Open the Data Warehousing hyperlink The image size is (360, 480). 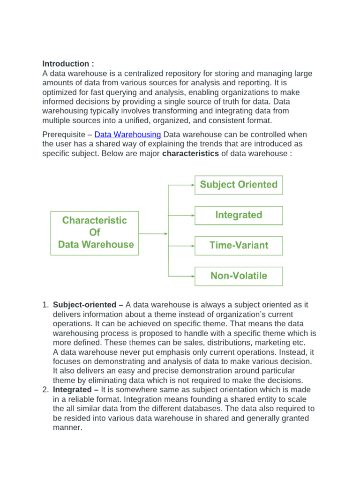pos(127,135)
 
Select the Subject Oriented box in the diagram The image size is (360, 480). pos(239,185)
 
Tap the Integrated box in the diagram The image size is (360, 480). pos(239,215)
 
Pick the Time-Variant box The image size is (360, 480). pos(239,246)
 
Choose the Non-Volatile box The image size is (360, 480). pos(239,276)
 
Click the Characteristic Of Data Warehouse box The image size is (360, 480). pos(95,232)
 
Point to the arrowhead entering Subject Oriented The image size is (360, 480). pos(193,185)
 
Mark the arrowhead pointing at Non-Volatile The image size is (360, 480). pos(193,276)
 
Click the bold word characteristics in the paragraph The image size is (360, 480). pos(190,154)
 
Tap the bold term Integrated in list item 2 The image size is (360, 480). pos(73,390)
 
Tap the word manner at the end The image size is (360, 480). pos(67,427)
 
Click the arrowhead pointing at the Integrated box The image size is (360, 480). pos(193,215)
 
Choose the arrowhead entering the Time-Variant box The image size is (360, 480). pos(193,246)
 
